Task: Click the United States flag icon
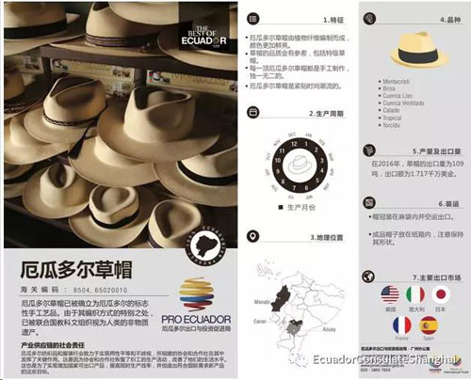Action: click(x=387, y=293)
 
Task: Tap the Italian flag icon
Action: click(x=413, y=293)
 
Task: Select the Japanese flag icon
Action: click(x=440, y=293)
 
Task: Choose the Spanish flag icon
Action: click(x=427, y=326)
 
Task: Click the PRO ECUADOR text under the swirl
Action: click(x=206, y=314)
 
